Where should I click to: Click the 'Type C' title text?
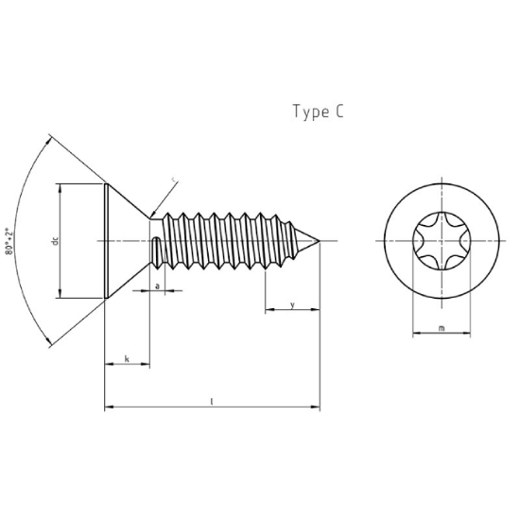[318, 112]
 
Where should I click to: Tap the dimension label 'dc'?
[55, 241]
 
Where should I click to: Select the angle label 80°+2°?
[9, 241]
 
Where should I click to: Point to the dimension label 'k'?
[127, 358]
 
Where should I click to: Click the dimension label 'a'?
[158, 286]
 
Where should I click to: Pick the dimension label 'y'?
[292, 304]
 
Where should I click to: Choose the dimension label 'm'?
[442, 328]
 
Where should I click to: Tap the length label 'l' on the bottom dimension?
[212, 402]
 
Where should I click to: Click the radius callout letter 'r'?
[174, 180]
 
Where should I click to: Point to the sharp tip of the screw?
[320, 241]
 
